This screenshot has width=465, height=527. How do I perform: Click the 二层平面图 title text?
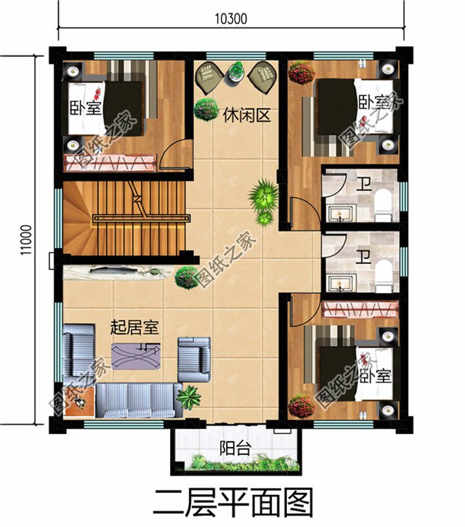tap(232, 502)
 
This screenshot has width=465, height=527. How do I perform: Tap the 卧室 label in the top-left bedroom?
tap(86, 107)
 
